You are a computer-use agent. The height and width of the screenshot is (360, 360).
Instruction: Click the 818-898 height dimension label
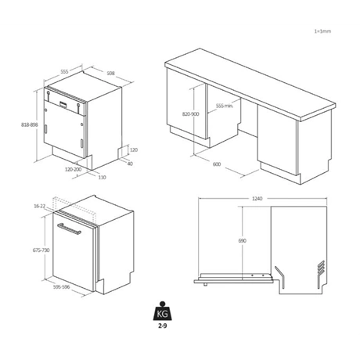(x=30, y=124)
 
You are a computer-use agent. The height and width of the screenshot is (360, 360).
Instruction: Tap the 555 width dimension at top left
(x=64, y=71)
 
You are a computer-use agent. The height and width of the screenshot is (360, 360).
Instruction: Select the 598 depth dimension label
(x=111, y=74)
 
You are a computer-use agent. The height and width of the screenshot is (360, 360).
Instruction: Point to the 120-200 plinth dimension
(x=73, y=169)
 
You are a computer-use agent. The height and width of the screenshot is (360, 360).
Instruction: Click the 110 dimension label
(x=103, y=178)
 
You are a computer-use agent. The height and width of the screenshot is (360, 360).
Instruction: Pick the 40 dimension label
(x=130, y=164)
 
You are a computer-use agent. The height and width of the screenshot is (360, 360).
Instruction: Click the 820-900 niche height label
(x=190, y=114)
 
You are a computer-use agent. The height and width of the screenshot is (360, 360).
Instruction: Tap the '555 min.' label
(x=225, y=106)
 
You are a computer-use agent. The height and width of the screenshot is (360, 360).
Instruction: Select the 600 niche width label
(x=217, y=164)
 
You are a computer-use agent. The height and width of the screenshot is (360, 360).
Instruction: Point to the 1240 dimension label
(x=257, y=199)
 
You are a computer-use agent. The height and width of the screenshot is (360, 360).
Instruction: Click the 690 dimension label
(x=242, y=240)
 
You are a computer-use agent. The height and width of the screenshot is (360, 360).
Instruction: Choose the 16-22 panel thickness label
(x=39, y=206)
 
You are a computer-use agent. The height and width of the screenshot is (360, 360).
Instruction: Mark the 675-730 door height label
(x=41, y=250)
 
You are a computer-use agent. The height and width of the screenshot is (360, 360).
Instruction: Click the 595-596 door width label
(x=62, y=287)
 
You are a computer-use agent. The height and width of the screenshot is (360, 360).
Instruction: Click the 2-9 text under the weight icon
(x=162, y=326)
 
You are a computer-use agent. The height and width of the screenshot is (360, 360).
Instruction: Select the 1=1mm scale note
(x=322, y=31)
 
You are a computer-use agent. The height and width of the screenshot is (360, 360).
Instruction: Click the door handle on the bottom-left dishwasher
(x=69, y=229)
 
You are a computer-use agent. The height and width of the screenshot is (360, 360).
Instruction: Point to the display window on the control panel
(x=63, y=104)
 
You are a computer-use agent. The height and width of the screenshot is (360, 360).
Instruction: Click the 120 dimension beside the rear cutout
(x=134, y=149)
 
